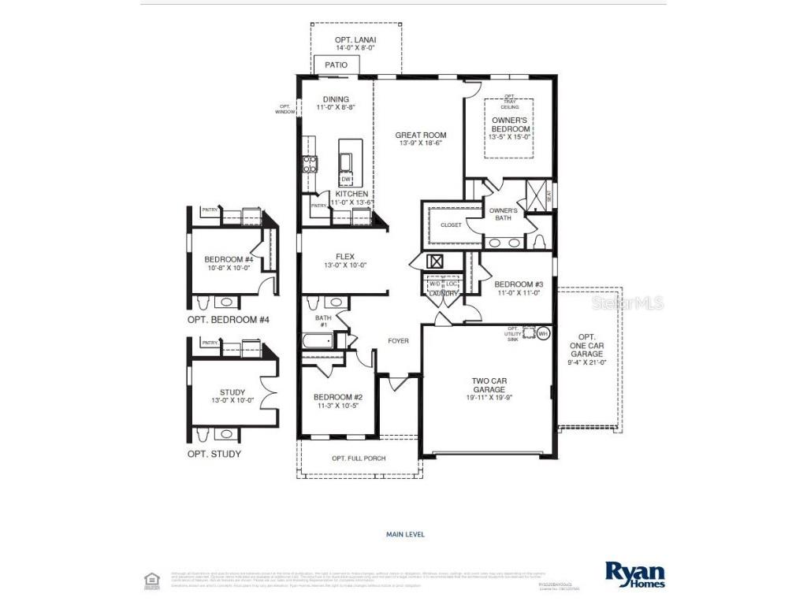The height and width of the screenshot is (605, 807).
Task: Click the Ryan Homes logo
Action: tap(634, 573)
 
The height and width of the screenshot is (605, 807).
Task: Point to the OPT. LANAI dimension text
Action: tap(354, 48)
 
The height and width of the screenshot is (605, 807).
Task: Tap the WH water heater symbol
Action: tap(542, 334)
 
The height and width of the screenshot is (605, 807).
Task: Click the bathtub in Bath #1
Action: tap(317, 342)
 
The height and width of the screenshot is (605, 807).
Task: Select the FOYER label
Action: tap(398, 341)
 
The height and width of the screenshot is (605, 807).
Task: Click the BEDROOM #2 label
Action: tap(337, 401)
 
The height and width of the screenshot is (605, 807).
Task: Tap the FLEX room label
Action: tap(345, 261)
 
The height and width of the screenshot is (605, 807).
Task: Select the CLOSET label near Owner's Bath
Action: tap(451, 225)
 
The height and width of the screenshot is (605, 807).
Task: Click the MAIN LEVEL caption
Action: tap(405, 534)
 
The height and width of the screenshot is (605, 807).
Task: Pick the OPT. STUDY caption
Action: tap(214, 454)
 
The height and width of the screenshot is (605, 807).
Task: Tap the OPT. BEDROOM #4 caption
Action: tap(229, 320)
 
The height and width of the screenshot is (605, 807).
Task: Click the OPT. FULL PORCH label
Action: tap(359, 458)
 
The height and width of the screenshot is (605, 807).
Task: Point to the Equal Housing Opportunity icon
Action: tap(152, 581)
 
